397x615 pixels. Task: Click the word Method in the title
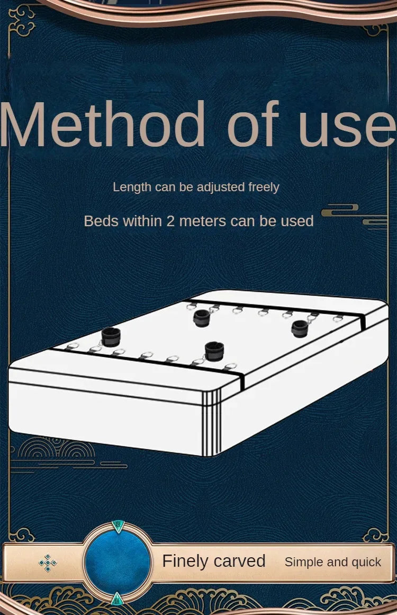(x=103, y=124)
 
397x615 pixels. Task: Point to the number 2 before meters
(x=170, y=221)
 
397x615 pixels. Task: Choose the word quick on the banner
(x=366, y=562)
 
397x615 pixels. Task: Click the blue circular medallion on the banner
(x=118, y=561)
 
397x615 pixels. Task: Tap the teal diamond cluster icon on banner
(x=48, y=563)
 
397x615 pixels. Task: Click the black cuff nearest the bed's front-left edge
(x=111, y=337)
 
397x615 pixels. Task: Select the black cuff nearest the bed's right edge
(x=300, y=328)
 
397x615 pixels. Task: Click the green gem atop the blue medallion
(x=118, y=526)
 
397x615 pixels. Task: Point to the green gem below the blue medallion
(x=118, y=599)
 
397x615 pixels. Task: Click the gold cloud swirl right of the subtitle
(x=339, y=211)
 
